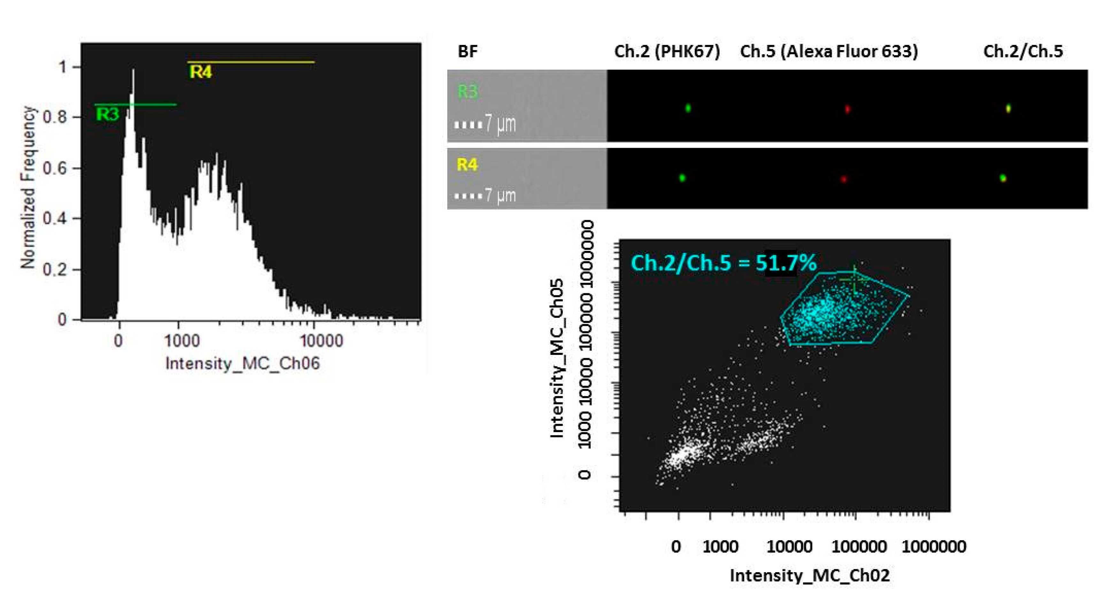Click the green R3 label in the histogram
click(107, 114)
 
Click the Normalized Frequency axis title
click(28, 187)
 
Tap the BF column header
click(468, 52)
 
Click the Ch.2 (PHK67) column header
click(667, 52)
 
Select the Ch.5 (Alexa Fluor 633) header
click(829, 52)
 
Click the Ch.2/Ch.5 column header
click(1023, 52)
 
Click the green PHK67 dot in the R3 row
click(688, 108)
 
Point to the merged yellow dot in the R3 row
click(1008, 109)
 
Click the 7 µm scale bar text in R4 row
click(500, 196)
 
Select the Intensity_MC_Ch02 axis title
click(809, 575)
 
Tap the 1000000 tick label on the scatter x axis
click(933, 547)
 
